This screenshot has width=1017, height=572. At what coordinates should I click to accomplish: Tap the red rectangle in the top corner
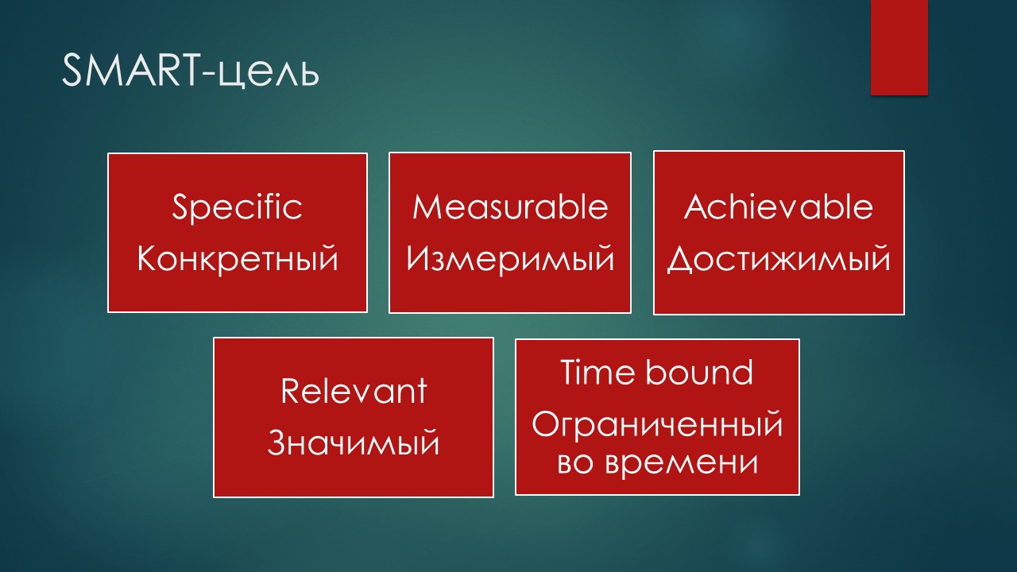[x=899, y=47]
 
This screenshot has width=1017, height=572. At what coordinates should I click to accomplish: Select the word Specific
[x=237, y=207]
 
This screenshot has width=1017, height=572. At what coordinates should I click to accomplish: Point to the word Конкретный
[x=238, y=259]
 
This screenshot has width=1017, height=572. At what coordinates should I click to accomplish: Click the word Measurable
[x=510, y=207]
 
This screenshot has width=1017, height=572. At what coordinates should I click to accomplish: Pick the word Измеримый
[x=510, y=259]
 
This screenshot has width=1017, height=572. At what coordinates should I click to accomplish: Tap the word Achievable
[x=778, y=207]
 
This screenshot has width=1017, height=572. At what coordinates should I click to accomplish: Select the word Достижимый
[x=779, y=259]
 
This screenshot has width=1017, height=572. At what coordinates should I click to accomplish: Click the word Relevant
[x=354, y=390]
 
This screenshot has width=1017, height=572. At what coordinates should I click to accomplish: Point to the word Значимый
[x=354, y=443]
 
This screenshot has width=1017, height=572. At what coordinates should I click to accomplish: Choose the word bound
[x=699, y=373]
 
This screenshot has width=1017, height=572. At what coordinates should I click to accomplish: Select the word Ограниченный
[x=657, y=424]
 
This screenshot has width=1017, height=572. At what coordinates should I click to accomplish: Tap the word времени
[x=681, y=464]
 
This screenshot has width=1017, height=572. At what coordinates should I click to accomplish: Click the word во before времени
[x=574, y=464]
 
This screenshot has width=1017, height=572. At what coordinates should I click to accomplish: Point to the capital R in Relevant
[x=290, y=391]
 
